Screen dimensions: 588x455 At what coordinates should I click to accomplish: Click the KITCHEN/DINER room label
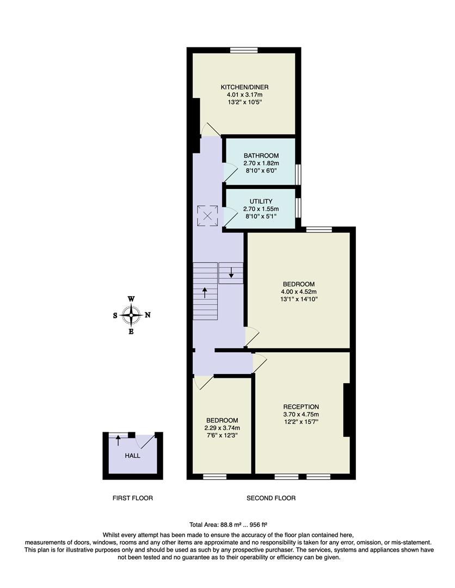(x=244, y=87)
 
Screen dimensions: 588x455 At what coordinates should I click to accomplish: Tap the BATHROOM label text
(x=261, y=155)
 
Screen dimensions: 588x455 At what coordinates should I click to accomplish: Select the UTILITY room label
(x=261, y=201)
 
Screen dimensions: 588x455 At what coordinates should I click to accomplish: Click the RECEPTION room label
(x=301, y=407)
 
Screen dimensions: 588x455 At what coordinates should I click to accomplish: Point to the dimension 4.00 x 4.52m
(x=299, y=291)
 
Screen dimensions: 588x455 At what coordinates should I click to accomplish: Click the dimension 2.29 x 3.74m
(x=222, y=427)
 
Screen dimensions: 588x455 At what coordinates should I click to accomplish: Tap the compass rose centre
(x=131, y=315)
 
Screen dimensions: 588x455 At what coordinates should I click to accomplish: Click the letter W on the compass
(x=131, y=299)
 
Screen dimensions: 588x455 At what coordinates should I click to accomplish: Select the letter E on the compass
(x=131, y=331)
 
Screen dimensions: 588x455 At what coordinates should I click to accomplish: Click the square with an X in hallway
(x=207, y=215)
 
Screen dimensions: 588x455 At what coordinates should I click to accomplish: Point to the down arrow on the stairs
(x=231, y=272)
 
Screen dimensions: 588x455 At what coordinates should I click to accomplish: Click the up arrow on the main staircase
(x=205, y=293)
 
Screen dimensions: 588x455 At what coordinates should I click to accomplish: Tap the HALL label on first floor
(x=132, y=455)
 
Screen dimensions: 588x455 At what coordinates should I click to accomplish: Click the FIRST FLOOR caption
(x=132, y=498)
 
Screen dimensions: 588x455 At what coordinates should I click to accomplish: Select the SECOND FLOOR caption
(x=271, y=498)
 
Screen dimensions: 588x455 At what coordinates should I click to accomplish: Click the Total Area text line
(x=228, y=525)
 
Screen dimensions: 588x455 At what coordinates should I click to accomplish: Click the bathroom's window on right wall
(x=298, y=174)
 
